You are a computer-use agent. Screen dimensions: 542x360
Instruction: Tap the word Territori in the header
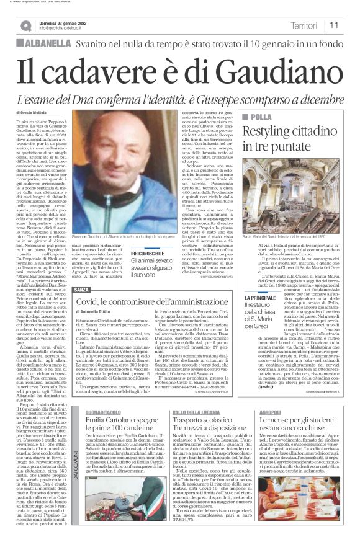[x=304, y=25]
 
